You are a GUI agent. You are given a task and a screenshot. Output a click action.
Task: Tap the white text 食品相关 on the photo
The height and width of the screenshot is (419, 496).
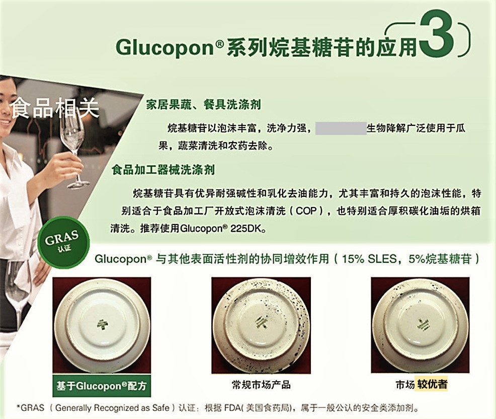pos(55,107)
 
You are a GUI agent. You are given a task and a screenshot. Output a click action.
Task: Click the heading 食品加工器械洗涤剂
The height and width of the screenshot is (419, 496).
pos(163,170)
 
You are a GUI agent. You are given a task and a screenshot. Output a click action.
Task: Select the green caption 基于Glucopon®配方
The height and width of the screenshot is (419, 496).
pos(102,385)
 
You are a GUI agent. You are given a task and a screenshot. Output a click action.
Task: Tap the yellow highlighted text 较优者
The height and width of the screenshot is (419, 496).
pos(432,385)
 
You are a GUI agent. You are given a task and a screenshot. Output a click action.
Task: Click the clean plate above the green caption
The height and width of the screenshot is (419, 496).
pos(103,324)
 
